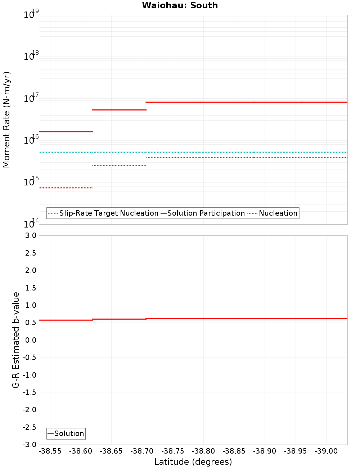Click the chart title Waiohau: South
click(180, 5)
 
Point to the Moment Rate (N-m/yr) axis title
click(6, 120)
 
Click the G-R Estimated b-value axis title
click(16, 340)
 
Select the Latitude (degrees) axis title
click(193, 462)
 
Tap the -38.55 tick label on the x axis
click(50, 451)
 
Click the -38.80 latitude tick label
click(203, 451)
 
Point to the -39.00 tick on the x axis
click(326, 451)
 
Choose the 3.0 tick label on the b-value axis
click(30, 235)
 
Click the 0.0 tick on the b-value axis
click(30, 340)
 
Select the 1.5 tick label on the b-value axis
click(30, 288)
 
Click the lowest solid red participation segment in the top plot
click(66, 132)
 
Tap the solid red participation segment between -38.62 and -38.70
click(119, 110)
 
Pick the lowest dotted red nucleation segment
click(66, 188)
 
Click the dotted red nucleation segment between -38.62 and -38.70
click(119, 166)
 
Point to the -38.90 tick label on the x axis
click(265, 451)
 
